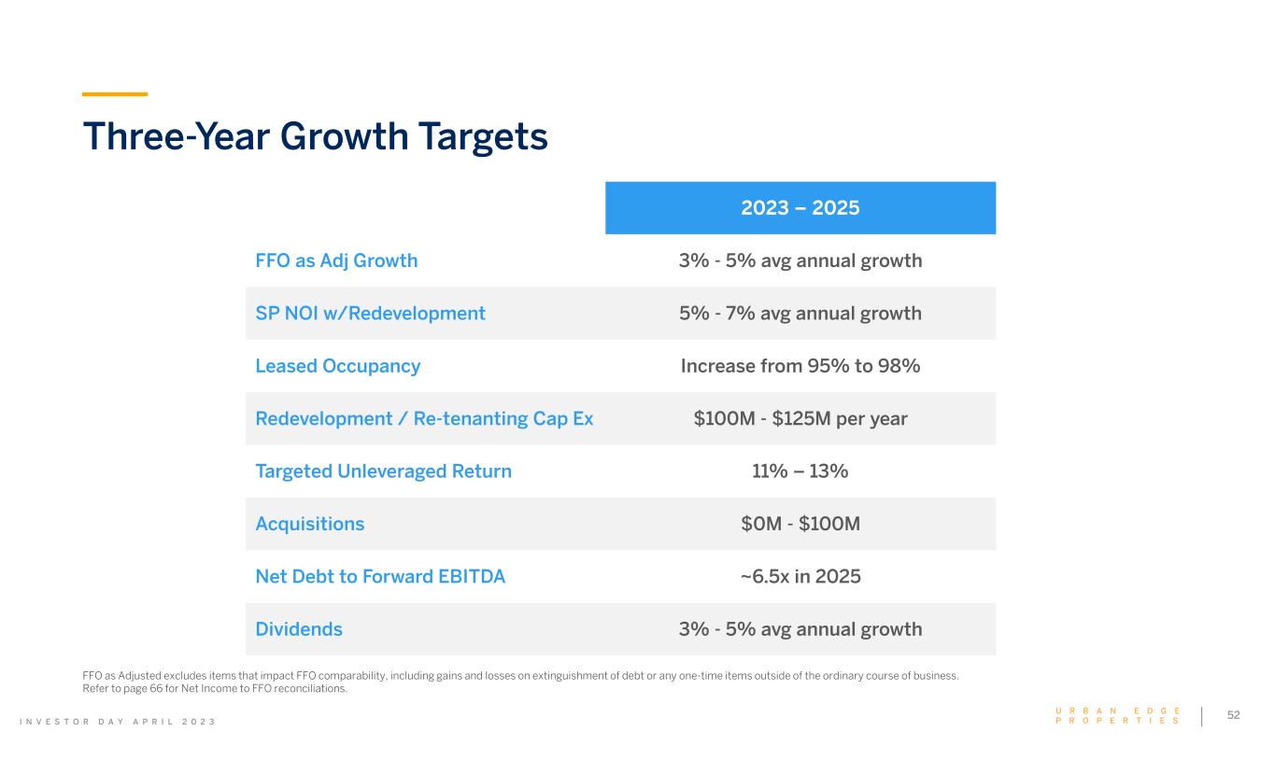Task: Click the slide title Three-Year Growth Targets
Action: pos(315,136)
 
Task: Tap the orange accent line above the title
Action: pos(115,94)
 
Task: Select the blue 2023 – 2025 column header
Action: pos(800,207)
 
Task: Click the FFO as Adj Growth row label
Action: pos(336,260)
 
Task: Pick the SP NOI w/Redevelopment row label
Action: pos(370,313)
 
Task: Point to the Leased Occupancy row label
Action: pos(337,366)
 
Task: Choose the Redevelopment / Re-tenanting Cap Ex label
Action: pos(424,418)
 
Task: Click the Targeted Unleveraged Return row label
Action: pos(383,471)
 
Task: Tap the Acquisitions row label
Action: pos(309,524)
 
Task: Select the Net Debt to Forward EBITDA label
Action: pos(380,576)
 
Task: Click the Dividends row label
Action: pos(299,629)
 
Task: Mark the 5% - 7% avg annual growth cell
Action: pos(800,313)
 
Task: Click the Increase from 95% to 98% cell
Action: pos(800,366)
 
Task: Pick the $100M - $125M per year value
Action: pos(800,418)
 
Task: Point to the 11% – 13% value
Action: pos(800,471)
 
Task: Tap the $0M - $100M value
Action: pos(800,524)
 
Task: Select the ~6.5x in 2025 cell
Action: pos(800,576)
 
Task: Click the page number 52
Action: pos(1233,715)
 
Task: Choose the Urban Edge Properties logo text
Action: pos(1117,716)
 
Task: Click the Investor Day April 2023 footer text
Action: pos(149,722)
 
